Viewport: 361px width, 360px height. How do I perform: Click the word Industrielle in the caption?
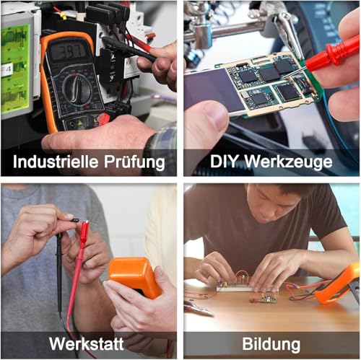click(x=49, y=161)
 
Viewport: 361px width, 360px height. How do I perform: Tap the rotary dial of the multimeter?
click(x=76, y=89)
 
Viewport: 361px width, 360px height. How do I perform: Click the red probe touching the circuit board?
click(x=332, y=55)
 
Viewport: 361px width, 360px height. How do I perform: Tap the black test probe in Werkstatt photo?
click(x=59, y=267)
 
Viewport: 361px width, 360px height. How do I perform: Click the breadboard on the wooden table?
click(x=242, y=286)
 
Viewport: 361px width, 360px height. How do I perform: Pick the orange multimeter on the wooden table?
click(x=339, y=283)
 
